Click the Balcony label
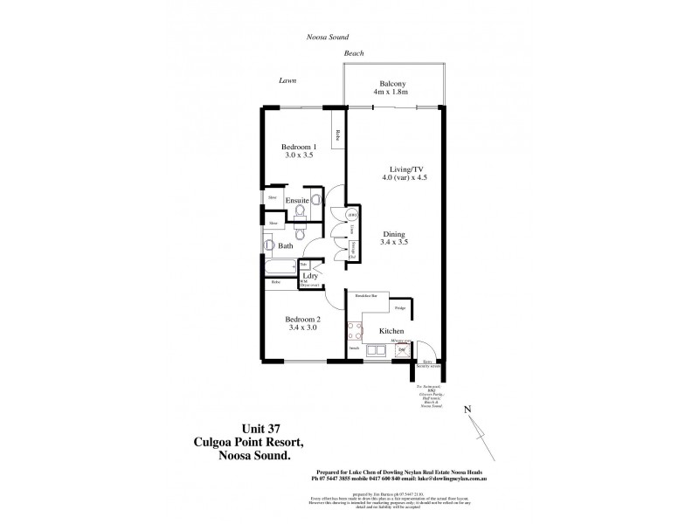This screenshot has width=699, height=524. pyautogui.click(x=391, y=83)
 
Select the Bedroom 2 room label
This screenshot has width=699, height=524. pyautogui.click(x=304, y=320)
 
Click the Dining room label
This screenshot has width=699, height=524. pyautogui.click(x=396, y=233)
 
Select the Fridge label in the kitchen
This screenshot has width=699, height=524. pyautogui.click(x=399, y=308)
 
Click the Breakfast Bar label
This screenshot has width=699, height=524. pyautogui.click(x=365, y=297)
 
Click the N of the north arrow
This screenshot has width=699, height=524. pyautogui.click(x=467, y=410)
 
